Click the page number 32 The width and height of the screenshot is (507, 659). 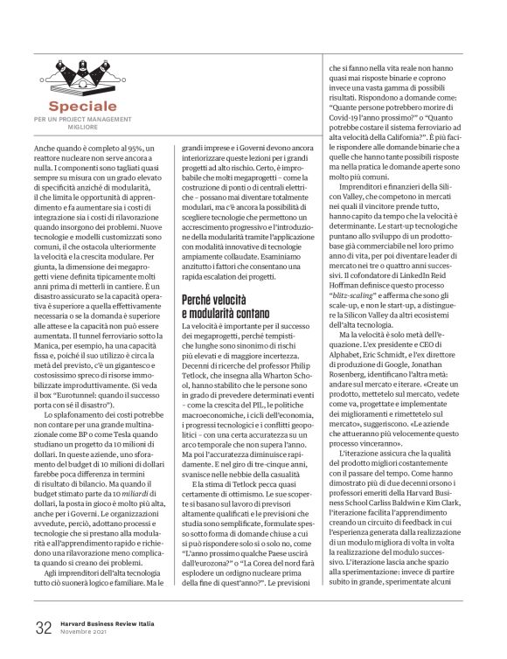(x=44, y=626)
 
